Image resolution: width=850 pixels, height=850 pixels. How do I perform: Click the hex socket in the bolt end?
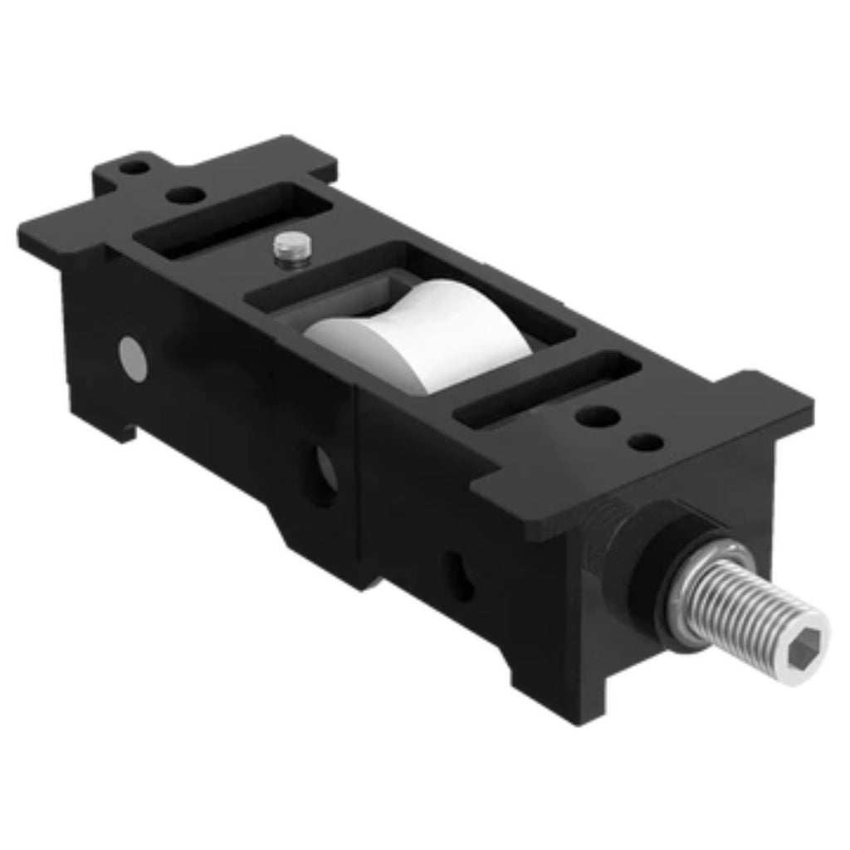tap(809, 640)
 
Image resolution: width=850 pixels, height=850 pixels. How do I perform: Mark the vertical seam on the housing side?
tap(357, 481)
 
